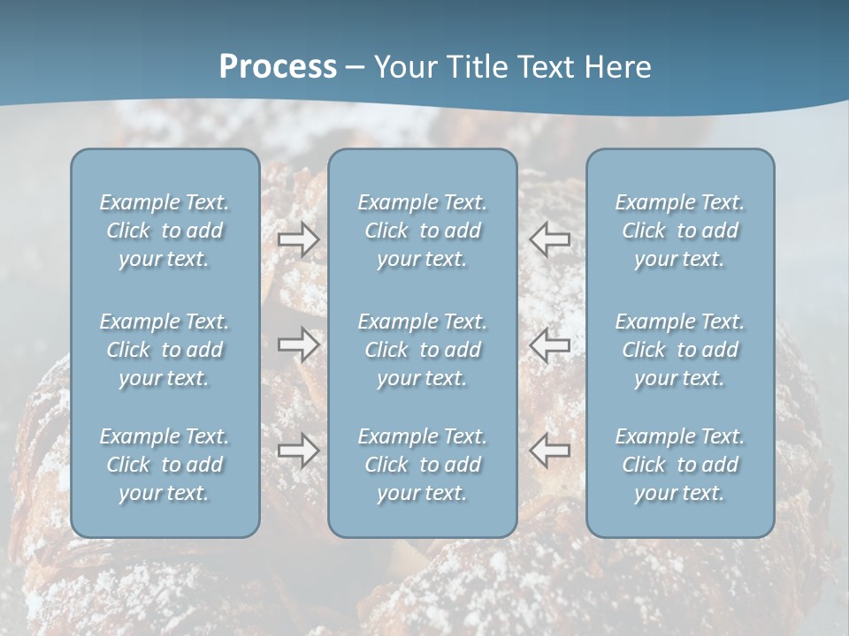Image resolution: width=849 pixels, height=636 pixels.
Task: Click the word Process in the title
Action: point(278,67)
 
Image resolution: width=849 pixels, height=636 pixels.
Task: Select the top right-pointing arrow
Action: point(299,238)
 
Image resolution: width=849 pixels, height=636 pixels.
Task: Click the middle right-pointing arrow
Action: point(299,344)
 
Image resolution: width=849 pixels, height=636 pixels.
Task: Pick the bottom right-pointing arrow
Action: point(299,450)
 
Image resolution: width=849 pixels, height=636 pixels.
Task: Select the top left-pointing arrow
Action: point(549,238)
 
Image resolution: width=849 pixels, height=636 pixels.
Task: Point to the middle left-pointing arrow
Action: point(549,344)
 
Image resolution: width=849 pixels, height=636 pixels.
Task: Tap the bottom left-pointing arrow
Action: point(549,450)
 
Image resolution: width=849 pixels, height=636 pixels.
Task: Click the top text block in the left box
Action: point(164,231)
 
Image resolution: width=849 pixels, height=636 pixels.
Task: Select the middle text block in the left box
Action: point(164,350)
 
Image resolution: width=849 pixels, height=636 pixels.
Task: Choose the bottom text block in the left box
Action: point(164,465)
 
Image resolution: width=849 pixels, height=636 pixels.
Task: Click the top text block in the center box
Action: point(423,231)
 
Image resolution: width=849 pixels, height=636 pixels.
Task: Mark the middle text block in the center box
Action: point(423,350)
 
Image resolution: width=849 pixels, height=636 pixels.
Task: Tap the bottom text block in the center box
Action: point(423,465)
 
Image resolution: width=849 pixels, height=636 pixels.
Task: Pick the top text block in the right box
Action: point(680,231)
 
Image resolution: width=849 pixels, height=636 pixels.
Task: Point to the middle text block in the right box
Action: point(680,350)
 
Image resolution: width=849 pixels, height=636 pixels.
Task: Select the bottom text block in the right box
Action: point(680,465)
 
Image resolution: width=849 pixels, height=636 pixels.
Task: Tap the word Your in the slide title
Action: point(403,67)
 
